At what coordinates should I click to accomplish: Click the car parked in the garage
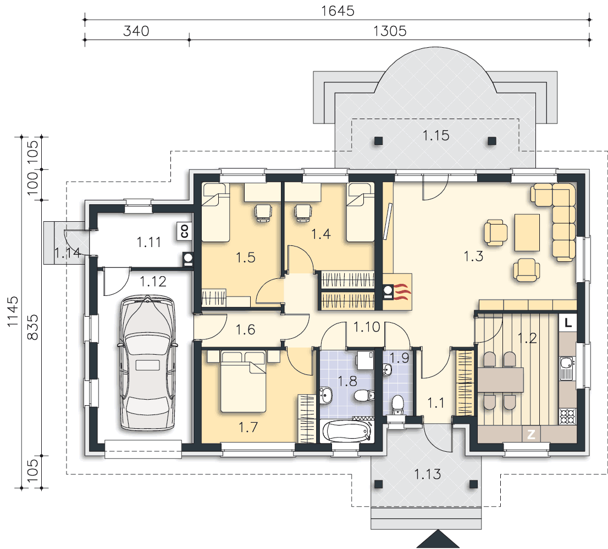coord(147,363)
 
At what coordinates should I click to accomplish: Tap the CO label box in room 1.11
coord(184,231)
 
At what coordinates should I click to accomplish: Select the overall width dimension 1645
coord(338,11)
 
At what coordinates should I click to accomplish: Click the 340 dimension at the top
coord(136,31)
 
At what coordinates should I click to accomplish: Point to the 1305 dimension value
coord(390,31)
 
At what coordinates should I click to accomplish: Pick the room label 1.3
coord(473,256)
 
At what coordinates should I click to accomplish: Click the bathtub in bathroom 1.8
coord(347,432)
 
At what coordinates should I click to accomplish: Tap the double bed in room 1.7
coord(243,382)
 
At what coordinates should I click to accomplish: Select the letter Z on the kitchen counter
coord(531,434)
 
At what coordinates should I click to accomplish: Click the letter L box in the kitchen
coord(568,322)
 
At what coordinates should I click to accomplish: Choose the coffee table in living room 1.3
coord(527,233)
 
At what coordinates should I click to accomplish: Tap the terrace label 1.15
coord(436,136)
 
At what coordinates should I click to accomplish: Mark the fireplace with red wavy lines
coord(397,292)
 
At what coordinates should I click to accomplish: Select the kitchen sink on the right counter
coord(566,368)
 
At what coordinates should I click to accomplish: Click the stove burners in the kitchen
coord(567,416)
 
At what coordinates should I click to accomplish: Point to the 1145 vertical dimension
coord(13,311)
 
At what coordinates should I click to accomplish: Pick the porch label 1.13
coord(427,474)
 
